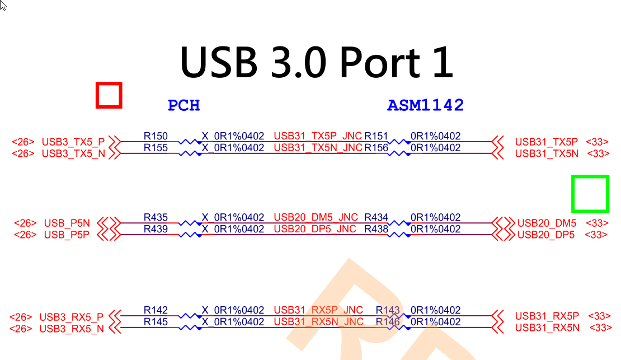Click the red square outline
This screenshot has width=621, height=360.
109,95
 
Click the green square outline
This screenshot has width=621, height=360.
590,194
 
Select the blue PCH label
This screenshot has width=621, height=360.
184,105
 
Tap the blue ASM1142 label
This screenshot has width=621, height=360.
425,105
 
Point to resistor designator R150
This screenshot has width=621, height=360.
156,136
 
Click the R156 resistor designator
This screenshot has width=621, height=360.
376,148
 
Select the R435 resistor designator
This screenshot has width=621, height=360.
156,217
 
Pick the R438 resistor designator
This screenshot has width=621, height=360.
376,229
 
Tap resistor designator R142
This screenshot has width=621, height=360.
156,310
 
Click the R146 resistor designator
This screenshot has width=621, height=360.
388,322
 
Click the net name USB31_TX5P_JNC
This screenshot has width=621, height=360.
318,136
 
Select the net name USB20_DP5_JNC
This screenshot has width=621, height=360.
315,229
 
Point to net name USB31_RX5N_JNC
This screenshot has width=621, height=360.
318,322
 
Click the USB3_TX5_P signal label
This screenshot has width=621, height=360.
73,141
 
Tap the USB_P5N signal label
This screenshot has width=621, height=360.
67,223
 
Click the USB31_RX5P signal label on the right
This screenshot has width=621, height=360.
547,316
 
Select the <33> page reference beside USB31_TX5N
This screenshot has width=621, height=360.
598,153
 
